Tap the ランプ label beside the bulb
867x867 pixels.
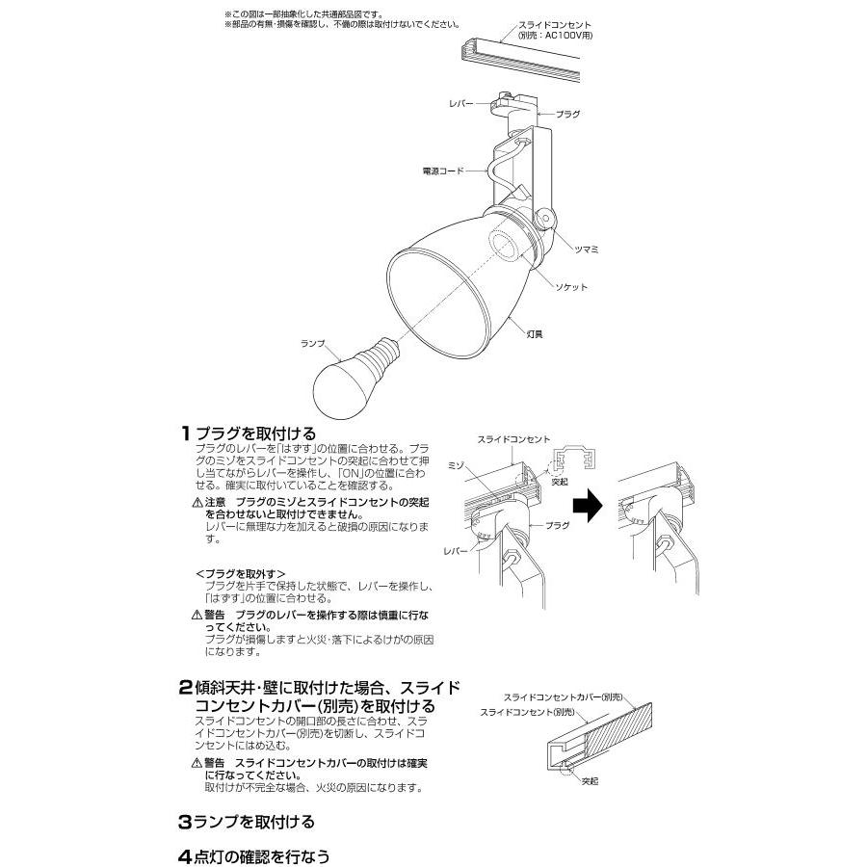[x=314, y=343]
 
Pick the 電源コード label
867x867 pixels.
[x=442, y=171]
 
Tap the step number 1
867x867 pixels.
[x=184, y=435]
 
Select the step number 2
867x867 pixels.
[x=185, y=687]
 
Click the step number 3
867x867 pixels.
[x=185, y=824]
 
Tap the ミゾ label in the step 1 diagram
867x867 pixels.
[x=459, y=464]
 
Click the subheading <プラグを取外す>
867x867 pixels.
[x=240, y=573]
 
